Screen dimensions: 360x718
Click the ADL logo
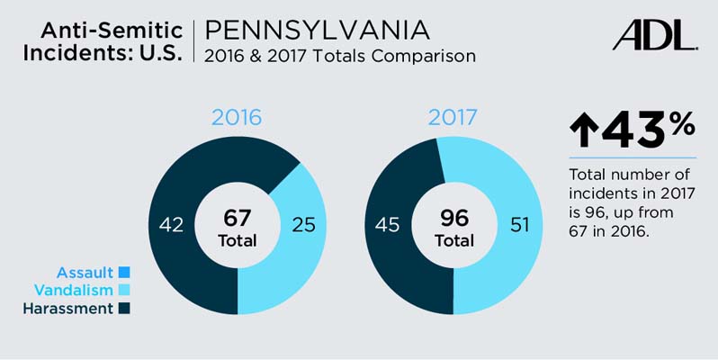click(x=654, y=35)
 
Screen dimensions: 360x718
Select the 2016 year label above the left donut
click(x=237, y=118)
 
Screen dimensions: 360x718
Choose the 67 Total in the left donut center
click(x=238, y=228)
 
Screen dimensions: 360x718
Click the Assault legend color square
click(x=124, y=272)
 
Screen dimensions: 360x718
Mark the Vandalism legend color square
click(x=124, y=291)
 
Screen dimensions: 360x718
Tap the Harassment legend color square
click(x=124, y=309)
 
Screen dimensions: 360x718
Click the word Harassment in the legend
click(x=69, y=309)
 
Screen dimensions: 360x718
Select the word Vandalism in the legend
click(x=74, y=291)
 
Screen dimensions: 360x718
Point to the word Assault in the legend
click(x=85, y=272)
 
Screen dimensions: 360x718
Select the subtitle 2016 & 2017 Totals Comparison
click(x=339, y=56)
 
